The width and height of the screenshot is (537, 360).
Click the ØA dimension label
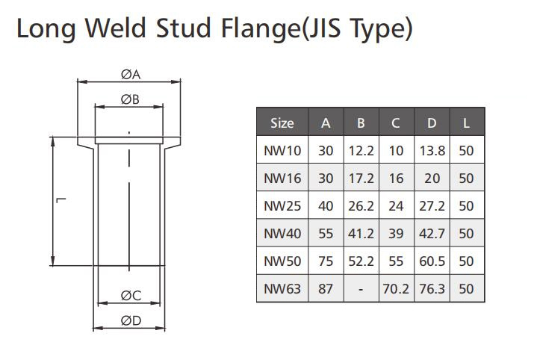131,75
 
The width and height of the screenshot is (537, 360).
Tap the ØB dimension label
130,99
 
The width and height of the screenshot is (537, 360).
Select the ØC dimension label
131,296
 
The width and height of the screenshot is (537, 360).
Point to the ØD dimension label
131,320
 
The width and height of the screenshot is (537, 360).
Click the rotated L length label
60,200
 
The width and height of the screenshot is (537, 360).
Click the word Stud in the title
183,28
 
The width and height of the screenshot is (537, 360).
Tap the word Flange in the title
261,29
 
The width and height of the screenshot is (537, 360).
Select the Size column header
282,123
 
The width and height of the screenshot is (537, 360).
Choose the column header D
432,123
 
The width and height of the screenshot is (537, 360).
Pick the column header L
466,123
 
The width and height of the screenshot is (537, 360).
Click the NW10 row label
282,151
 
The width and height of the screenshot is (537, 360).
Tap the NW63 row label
282,289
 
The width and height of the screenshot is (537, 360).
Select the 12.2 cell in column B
361,151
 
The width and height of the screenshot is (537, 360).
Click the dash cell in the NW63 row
361,290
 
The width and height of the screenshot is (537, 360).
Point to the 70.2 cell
396,289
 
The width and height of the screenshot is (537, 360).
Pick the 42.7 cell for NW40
432,234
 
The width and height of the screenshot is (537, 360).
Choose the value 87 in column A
326,289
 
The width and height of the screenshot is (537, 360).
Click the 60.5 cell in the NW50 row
432,261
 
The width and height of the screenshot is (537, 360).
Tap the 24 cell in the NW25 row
396,206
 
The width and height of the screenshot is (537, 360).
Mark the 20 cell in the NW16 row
432,179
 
